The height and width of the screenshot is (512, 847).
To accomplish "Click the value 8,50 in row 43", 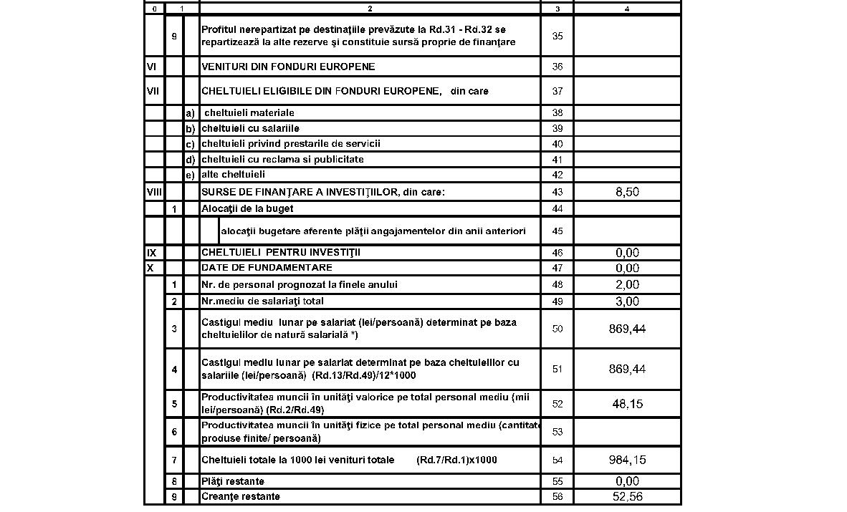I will [627, 192].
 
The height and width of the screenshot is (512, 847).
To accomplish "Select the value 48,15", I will [627, 404].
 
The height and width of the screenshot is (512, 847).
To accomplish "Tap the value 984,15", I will [627, 460].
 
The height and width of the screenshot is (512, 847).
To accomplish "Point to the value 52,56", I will [627, 497].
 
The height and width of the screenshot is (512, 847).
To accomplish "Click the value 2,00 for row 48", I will [627, 284].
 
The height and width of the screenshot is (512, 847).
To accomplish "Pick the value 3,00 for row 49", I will [627, 301].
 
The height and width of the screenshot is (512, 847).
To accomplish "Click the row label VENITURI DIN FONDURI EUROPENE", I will [288, 67].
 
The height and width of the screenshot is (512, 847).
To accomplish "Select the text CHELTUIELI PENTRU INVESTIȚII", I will [282, 253].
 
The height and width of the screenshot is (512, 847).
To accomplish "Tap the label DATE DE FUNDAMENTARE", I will [267, 268].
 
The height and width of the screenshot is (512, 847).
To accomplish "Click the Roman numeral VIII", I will [154, 192].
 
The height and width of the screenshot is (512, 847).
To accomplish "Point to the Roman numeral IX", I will [151, 253].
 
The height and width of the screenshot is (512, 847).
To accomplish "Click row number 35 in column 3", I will [558, 36].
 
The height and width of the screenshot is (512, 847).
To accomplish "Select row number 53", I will [558, 432].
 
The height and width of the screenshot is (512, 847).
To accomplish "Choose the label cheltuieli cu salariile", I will [250, 128].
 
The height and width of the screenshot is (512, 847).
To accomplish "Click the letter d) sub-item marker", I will [191, 159].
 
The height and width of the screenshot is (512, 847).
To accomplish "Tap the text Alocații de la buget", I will [247, 208].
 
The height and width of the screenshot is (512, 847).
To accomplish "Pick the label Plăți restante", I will [233, 481].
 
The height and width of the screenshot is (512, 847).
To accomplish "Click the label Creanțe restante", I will [241, 497].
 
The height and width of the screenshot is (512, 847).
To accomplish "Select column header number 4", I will [627, 9].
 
